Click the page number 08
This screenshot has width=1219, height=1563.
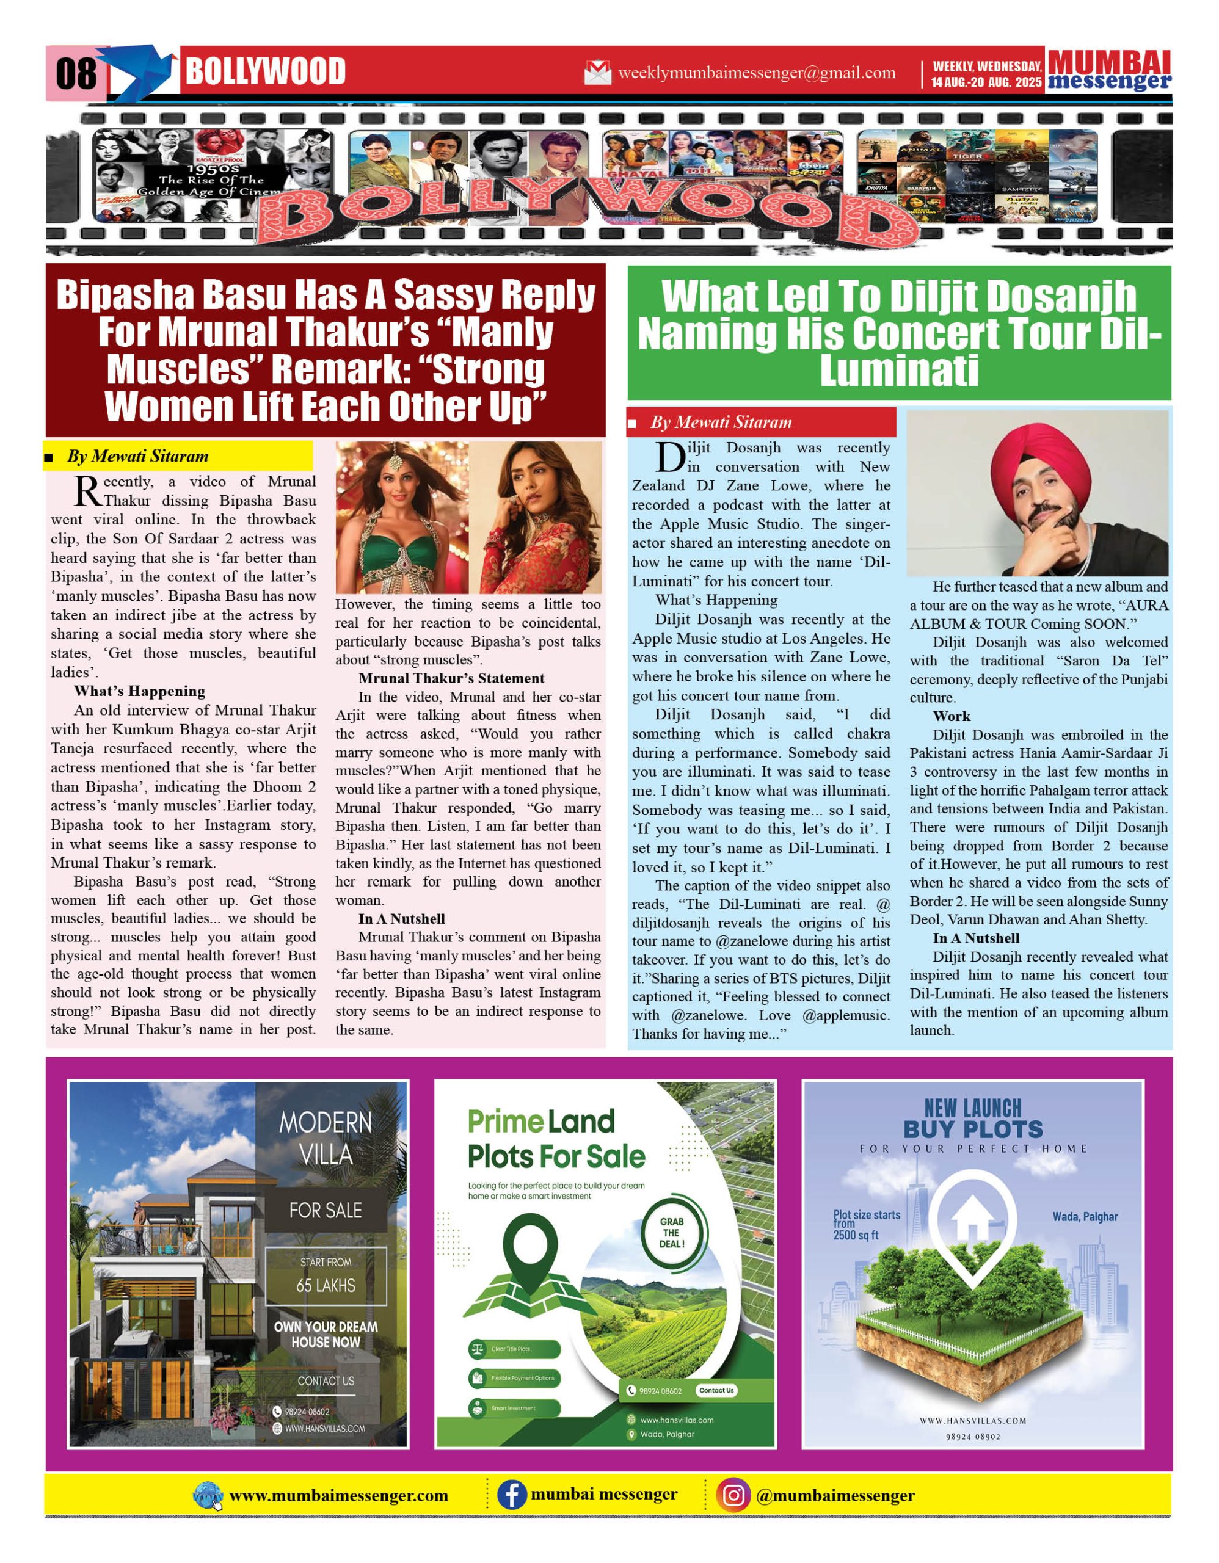coord(76,73)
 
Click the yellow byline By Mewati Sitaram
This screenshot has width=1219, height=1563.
coord(137,457)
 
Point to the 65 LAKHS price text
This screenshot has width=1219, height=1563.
coord(326,1285)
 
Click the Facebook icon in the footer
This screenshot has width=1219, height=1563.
coord(512,1496)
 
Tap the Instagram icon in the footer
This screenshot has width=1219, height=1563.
coord(733,1496)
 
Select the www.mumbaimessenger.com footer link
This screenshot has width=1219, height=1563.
coord(338,1496)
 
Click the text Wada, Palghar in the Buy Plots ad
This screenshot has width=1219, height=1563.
coord(1085,1217)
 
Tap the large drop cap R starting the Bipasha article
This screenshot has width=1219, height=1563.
coord(87,490)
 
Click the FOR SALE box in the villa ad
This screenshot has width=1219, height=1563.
coord(326,1210)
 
